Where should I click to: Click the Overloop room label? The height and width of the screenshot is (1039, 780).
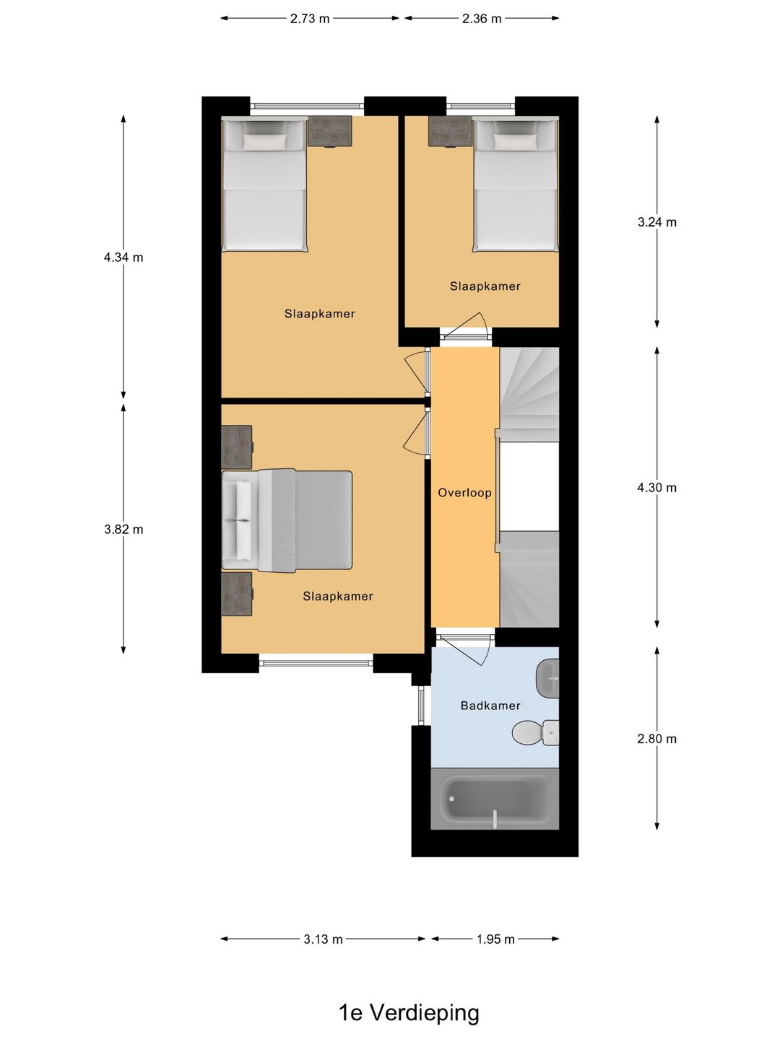click(x=464, y=493)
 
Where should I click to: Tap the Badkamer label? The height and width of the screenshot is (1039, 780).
click(x=490, y=706)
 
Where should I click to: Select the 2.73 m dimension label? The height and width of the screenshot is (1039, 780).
click(x=310, y=19)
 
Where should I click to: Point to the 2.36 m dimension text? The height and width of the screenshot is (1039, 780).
click(x=482, y=19)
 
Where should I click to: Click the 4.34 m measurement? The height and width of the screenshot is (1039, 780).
click(x=123, y=258)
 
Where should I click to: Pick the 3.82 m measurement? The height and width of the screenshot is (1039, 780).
click(x=123, y=529)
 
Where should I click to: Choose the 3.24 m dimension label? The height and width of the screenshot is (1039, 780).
click(x=657, y=222)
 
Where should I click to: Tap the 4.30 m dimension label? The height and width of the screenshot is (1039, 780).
click(x=657, y=487)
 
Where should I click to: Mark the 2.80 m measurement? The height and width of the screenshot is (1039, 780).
click(x=657, y=738)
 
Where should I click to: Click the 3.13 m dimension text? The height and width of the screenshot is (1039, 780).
click(x=323, y=939)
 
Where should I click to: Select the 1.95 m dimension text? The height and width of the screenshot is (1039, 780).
click(x=495, y=939)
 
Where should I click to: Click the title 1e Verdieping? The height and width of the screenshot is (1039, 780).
click(x=409, y=1012)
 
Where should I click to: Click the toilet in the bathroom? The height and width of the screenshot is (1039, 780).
click(x=536, y=732)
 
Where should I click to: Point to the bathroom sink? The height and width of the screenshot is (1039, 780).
click(x=547, y=678)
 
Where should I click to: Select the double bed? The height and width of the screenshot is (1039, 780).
click(x=287, y=520)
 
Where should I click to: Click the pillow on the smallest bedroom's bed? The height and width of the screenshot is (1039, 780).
click(x=515, y=140)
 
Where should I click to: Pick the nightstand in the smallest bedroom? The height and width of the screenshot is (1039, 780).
click(x=450, y=131)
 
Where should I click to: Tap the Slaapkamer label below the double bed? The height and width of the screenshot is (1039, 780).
click(x=338, y=596)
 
